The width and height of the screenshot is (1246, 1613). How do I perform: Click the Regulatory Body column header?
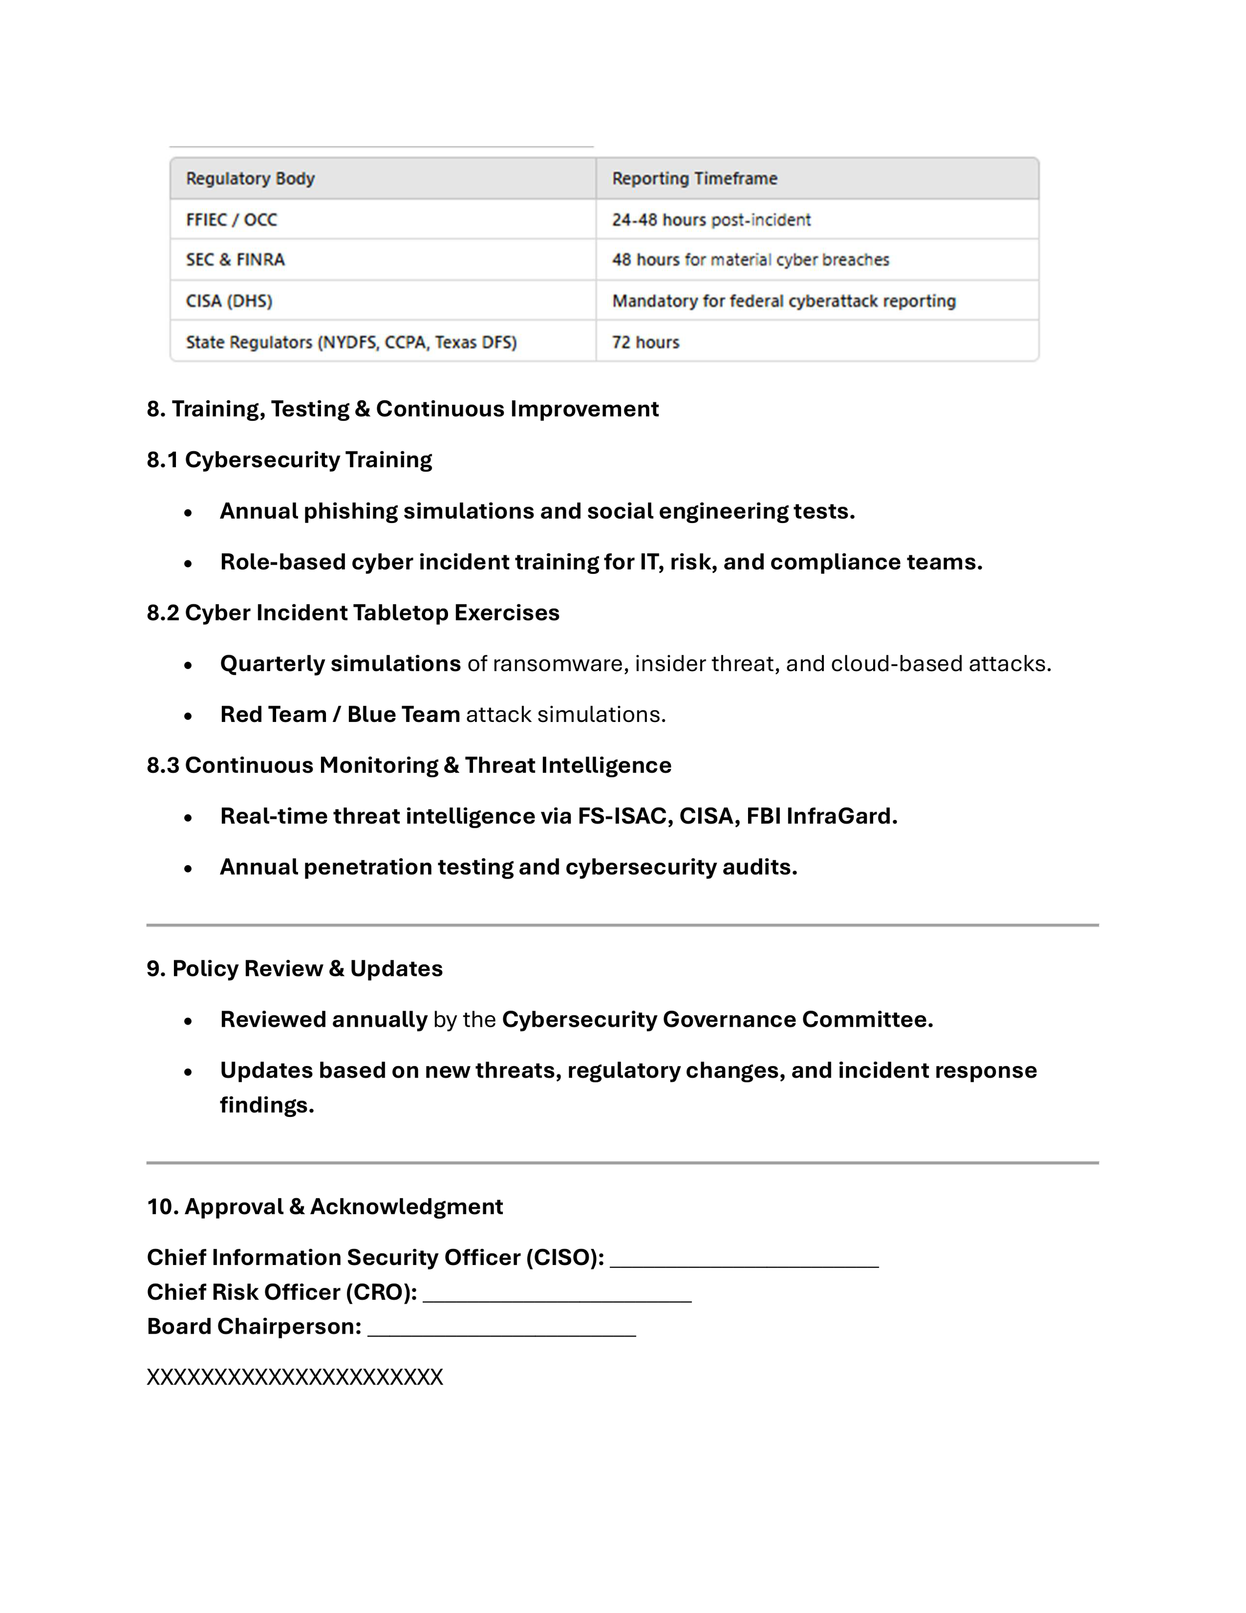(250, 179)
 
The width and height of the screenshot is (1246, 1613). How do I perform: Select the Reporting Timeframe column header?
(695, 179)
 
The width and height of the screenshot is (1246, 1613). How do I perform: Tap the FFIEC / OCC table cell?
(232, 220)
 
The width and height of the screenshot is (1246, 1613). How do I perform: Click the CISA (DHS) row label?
(229, 301)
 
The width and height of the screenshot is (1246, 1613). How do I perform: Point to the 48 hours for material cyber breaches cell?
(751, 260)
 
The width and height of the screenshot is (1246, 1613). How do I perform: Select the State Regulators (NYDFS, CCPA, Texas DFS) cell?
(351, 343)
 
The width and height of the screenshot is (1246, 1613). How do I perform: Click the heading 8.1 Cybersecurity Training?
(290, 460)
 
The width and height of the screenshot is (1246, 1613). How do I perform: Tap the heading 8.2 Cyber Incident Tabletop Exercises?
(353, 613)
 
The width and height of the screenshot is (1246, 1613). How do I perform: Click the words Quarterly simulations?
(340, 664)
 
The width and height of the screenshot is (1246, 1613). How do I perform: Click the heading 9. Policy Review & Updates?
(295, 969)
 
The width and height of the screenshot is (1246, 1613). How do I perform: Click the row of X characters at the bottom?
(295, 1377)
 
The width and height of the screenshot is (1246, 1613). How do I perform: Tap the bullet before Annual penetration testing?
(188, 869)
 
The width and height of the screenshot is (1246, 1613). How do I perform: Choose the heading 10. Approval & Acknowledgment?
(325, 1207)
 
